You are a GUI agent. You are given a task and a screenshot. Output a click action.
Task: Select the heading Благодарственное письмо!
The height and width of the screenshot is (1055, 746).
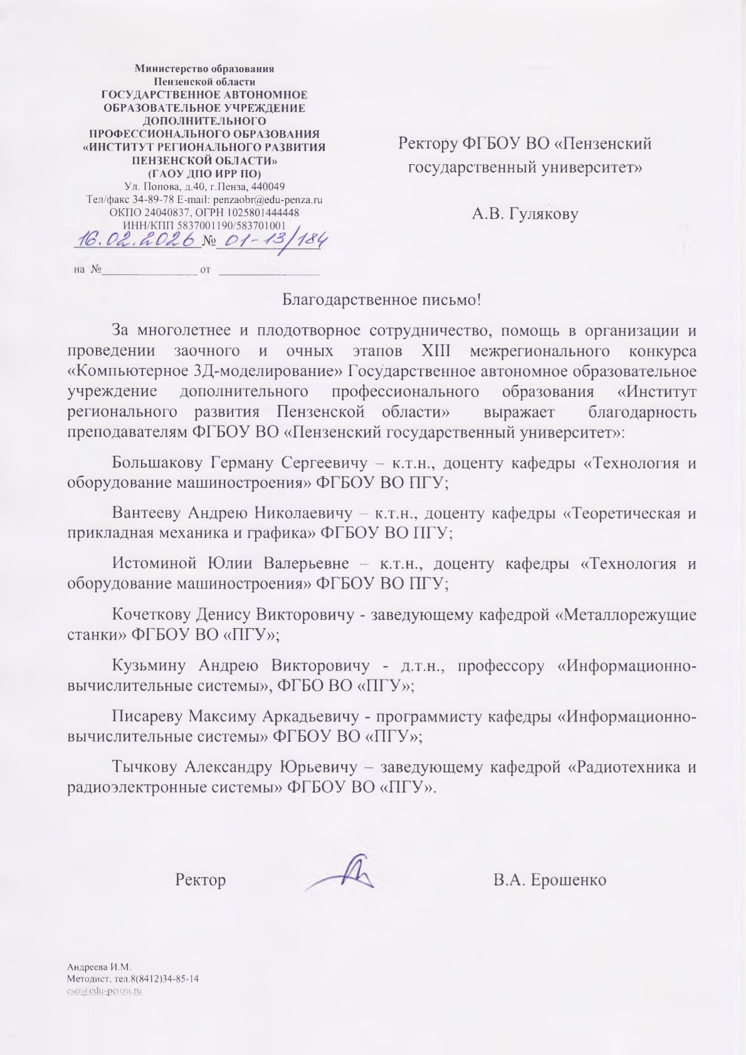(381, 300)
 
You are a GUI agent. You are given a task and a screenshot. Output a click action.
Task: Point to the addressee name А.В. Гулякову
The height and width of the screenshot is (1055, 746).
(525, 214)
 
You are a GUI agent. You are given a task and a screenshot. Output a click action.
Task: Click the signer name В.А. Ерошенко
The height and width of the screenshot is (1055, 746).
(550, 879)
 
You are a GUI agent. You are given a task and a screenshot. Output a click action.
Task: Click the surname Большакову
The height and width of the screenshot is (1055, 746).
(157, 463)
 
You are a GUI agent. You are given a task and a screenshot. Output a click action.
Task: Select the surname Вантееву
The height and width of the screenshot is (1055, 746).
(148, 513)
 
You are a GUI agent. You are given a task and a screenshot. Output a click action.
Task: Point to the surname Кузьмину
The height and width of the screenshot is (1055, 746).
(149, 665)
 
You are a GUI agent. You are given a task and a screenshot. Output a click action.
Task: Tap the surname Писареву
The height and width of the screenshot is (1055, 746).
(147, 716)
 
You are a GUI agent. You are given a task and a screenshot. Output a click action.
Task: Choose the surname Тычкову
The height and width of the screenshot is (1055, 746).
(145, 767)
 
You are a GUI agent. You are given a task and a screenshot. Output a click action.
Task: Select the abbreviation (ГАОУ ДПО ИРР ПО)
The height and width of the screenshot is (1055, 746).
(204, 173)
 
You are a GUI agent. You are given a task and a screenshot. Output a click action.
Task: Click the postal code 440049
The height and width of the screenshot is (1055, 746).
(268, 187)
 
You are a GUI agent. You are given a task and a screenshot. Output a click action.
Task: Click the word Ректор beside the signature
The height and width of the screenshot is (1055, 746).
(201, 879)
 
